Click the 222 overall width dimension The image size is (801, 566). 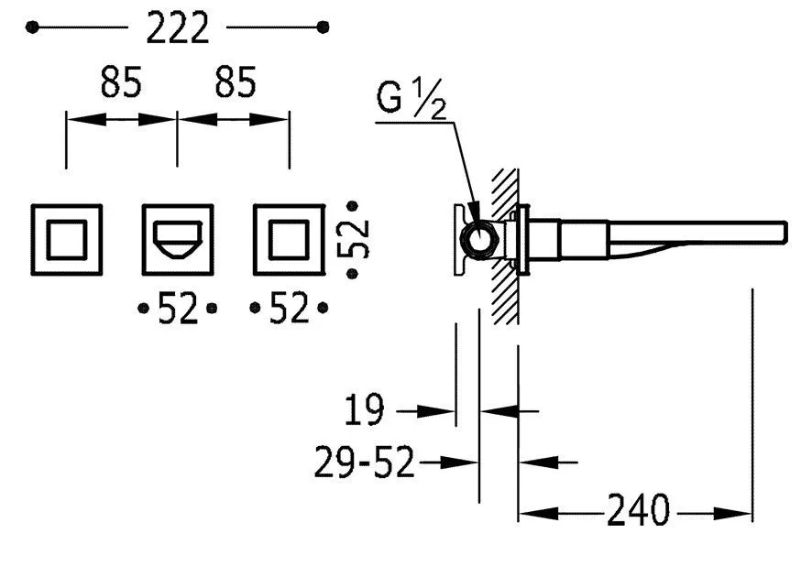coord(178,27)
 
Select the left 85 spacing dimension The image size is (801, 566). coord(121,82)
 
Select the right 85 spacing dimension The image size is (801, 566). coord(235,82)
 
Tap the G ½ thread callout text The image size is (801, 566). coord(411,99)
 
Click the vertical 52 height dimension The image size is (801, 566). coord(353,239)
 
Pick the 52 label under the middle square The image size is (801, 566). coord(178,308)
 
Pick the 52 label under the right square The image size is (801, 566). coord(289,308)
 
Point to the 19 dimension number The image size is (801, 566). coord(364,409)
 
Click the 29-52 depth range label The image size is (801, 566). coord(364,462)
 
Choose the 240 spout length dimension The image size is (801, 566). coord(638,509)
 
